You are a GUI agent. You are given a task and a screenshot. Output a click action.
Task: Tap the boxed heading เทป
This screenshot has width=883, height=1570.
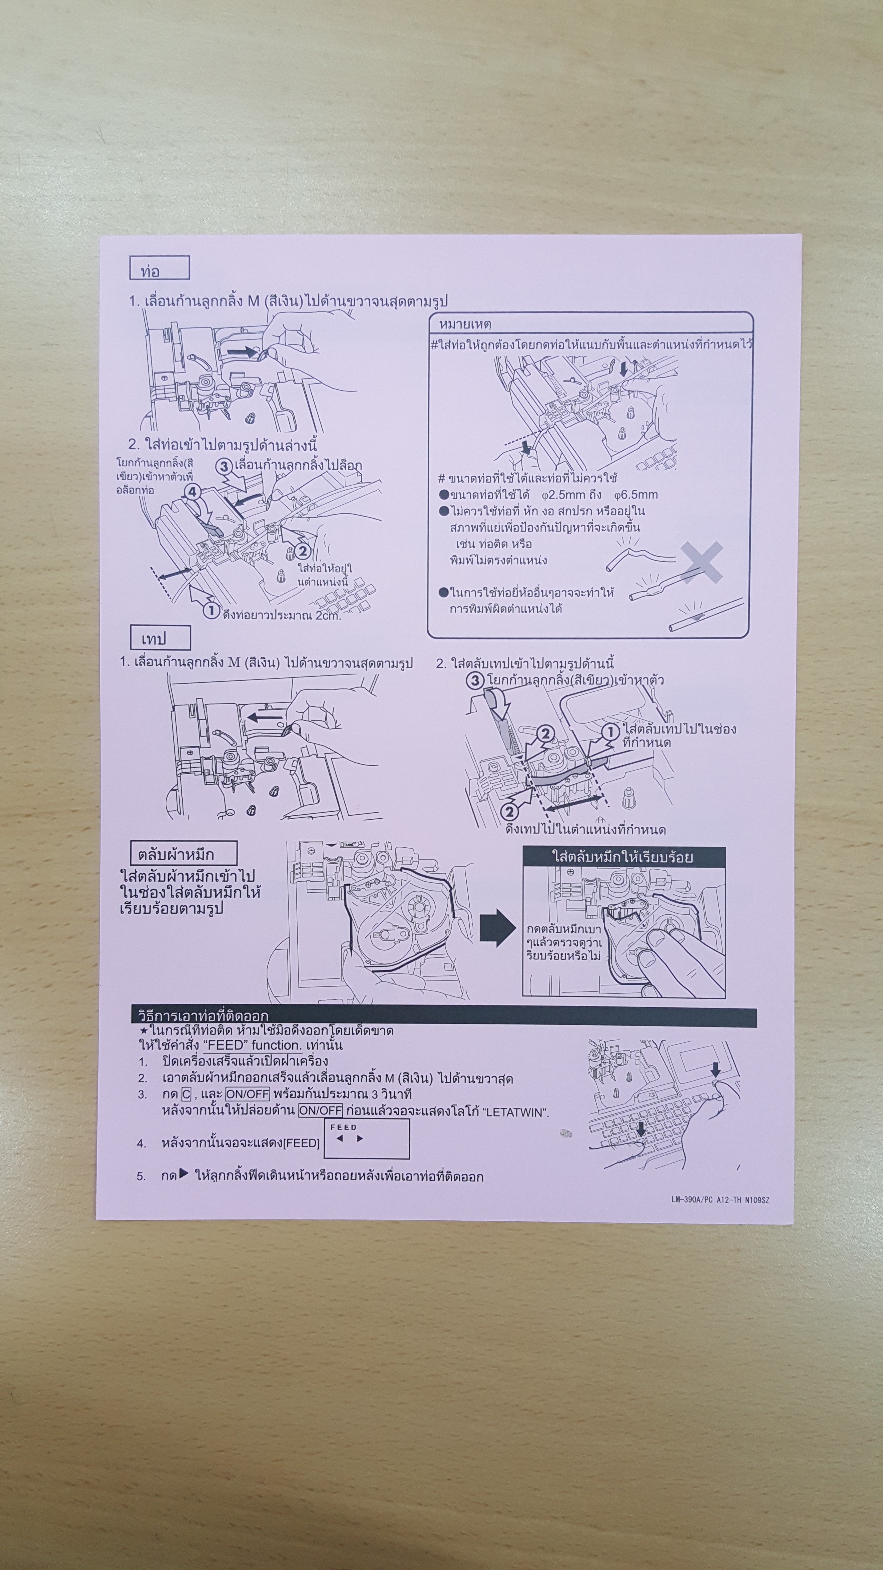(x=160, y=638)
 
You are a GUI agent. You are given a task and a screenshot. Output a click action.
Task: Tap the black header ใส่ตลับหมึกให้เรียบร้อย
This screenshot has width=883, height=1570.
(x=624, y=857)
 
